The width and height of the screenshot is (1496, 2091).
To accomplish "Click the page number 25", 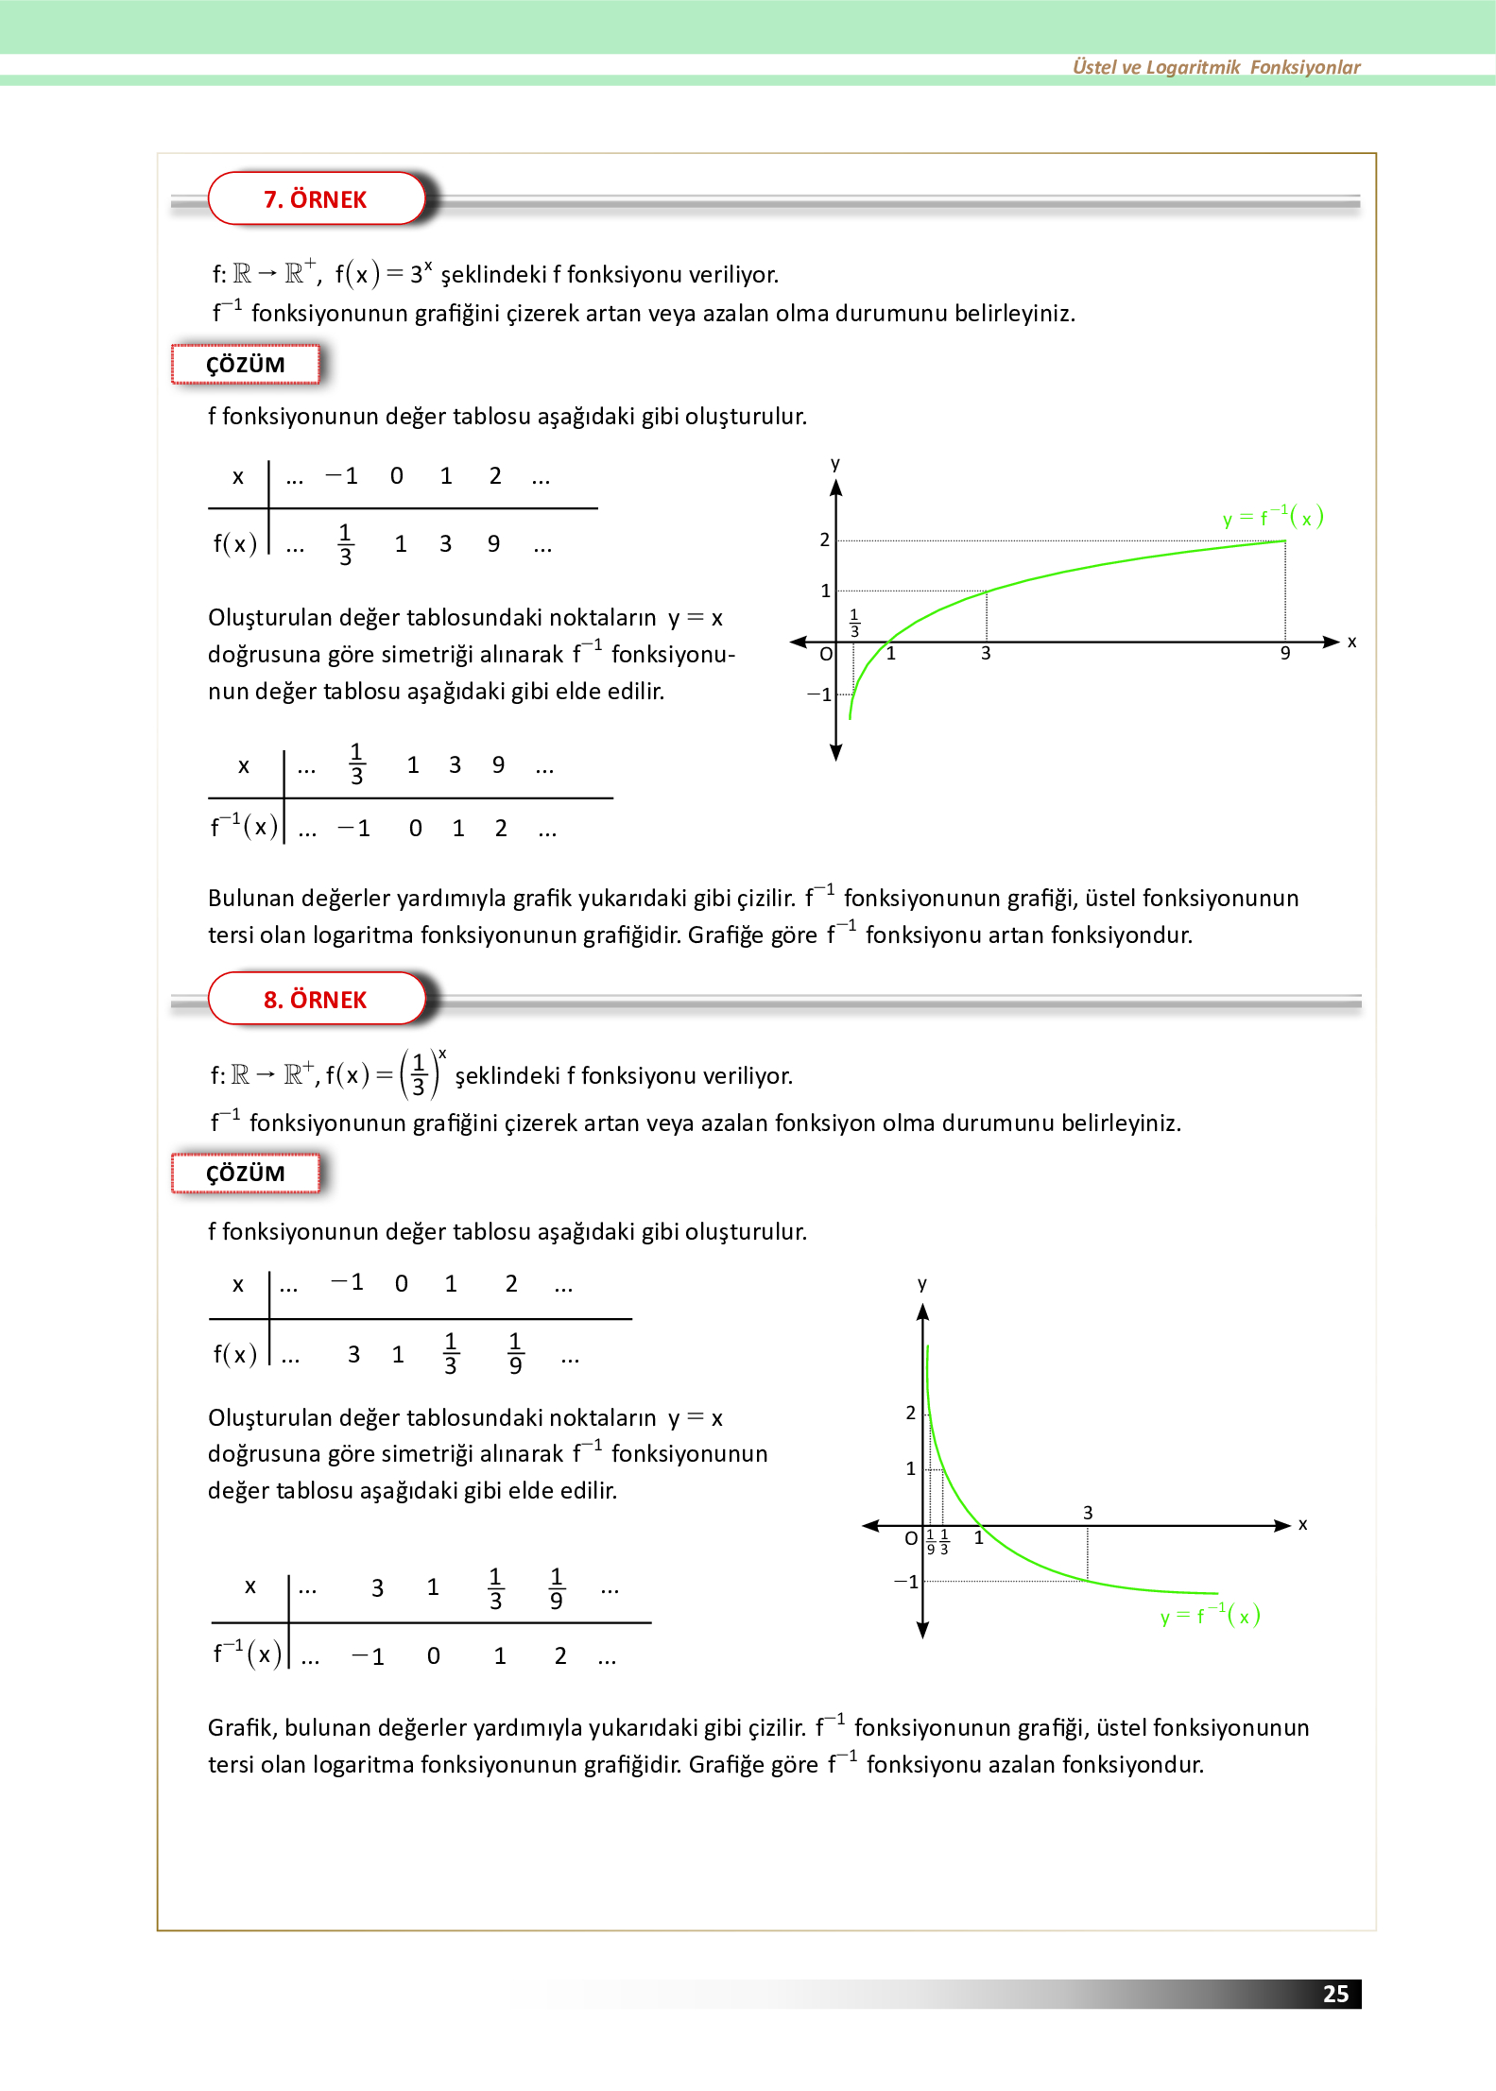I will pyautogui.click(x=1335, y=1993).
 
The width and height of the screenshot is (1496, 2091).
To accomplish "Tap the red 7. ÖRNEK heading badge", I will pyautogui.click(x=316, y=199).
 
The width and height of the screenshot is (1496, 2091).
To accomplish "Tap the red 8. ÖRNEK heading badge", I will pyautogui.click(x=316, y=1000).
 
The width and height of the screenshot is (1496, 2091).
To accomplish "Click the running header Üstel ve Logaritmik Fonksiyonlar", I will pyautogui.click(x=1215, y=67).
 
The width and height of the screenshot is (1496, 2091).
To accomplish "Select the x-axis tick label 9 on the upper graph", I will pyautogui.click(x=1285, y=654).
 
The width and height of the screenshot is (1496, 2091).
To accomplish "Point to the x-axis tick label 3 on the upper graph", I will pyautogui.click(x=986, y=654).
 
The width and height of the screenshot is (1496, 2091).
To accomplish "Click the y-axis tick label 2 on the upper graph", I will pyautogui.click(x=824, y=540).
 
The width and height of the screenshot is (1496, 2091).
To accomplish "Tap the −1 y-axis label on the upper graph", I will pyautogui.click(x=819, y=694).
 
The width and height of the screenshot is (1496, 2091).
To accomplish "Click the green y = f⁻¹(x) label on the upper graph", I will pyautogui.click(x=1272, y=517).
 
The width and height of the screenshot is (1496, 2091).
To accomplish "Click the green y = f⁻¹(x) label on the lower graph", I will pyautogui.click(x=1210, y=1616).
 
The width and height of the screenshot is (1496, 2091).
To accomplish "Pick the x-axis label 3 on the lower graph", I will pyautogui.click(x=1088, y=1513).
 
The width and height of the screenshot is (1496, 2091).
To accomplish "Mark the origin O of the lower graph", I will pyautogui.click(x=911, y=1538).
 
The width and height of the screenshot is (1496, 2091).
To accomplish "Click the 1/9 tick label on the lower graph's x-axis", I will pyautogui.click(x=931, y=1542).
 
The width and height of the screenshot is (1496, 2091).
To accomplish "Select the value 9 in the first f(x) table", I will pyautogui.click(x=493, y=543).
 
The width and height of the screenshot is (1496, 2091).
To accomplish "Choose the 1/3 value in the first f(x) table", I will pyautogui.click(x=345, y=544).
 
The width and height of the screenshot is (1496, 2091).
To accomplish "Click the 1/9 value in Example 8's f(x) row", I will pyautogui.click(x=515, y=1353).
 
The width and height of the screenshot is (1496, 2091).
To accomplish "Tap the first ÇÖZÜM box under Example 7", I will pyautogui.click(x=246, y=365).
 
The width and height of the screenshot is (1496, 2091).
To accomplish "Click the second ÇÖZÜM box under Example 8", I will pyautogui.click(x=246, y=1174).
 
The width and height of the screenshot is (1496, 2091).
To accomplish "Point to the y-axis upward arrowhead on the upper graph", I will pyautogui.click(x=835, y=488).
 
